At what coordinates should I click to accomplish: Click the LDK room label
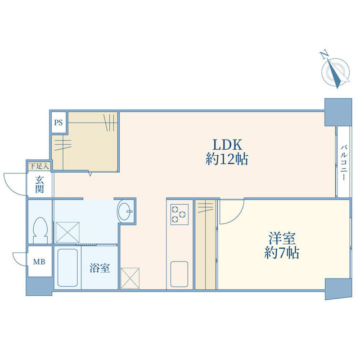(x=227, y=145)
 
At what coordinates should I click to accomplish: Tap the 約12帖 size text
(x=227, y=159)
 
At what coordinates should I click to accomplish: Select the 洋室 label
(x=282, y=238)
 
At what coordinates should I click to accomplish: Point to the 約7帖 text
(x=282, y=253)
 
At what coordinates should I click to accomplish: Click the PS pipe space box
(x=58, y=123)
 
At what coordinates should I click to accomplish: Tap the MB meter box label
(x=39, y=262)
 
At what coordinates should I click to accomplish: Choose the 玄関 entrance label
(x=39, y=184)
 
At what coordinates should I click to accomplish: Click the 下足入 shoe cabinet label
(x=39, y=166)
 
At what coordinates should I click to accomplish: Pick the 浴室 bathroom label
(x=100, y=268)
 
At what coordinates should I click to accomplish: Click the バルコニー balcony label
(x=344, y=162)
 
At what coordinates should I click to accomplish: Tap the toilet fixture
(x=40, y=230)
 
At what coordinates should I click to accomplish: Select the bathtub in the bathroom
(x=67, y=268)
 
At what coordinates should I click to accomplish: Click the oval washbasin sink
(x=125, y=211)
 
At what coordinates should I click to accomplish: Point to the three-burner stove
(x=179, y=214)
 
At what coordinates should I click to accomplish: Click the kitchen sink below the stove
(x=179, y=274)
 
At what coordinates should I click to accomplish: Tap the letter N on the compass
(x=324, y=55)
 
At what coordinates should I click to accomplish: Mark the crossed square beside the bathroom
(x=130, y=278)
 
